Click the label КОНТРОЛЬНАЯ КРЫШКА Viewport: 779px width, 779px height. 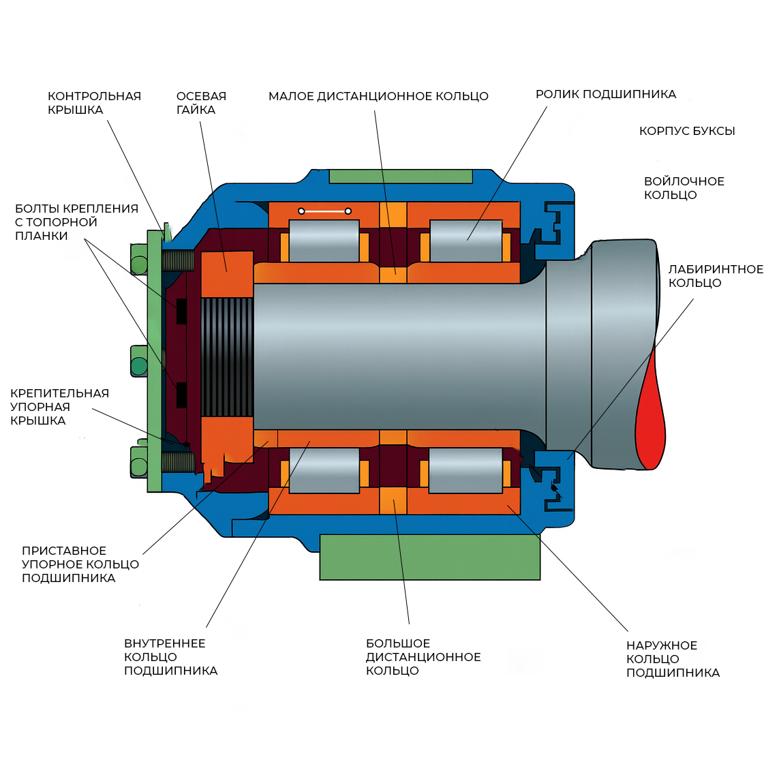click(95, 103)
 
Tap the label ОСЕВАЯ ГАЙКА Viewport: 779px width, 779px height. click(201, 103)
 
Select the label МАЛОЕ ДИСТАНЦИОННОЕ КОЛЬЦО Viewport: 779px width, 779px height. click(378, 96)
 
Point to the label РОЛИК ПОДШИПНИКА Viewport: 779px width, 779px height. click(606, 94)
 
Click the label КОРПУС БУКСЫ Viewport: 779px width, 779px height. click(687, 131)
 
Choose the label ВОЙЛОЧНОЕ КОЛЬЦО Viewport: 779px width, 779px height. click(684, 188)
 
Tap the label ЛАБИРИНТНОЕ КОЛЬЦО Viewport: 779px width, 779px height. click(716, 276)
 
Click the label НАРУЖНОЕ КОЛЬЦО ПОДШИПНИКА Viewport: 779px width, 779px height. click(673, 659)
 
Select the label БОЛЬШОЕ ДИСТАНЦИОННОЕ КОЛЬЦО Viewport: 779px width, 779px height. click(423, 657)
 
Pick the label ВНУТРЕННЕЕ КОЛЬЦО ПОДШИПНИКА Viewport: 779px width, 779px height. click(170, 657)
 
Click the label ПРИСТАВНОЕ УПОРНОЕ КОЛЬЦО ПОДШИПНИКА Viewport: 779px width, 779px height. click(80, 564)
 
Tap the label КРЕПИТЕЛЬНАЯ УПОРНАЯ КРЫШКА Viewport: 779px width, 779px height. click(59, 406)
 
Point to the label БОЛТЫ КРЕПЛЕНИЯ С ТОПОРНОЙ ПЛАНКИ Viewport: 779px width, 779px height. click(76, 222)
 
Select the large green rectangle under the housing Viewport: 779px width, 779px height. click(430, 557)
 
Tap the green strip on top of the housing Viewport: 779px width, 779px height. click(401, 177)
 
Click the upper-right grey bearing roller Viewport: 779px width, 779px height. click(465, 241)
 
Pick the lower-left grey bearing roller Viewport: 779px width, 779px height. click(324, 470)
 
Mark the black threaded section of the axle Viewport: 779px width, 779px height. click(227, 357)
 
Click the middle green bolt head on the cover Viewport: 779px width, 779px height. click(139, 361)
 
